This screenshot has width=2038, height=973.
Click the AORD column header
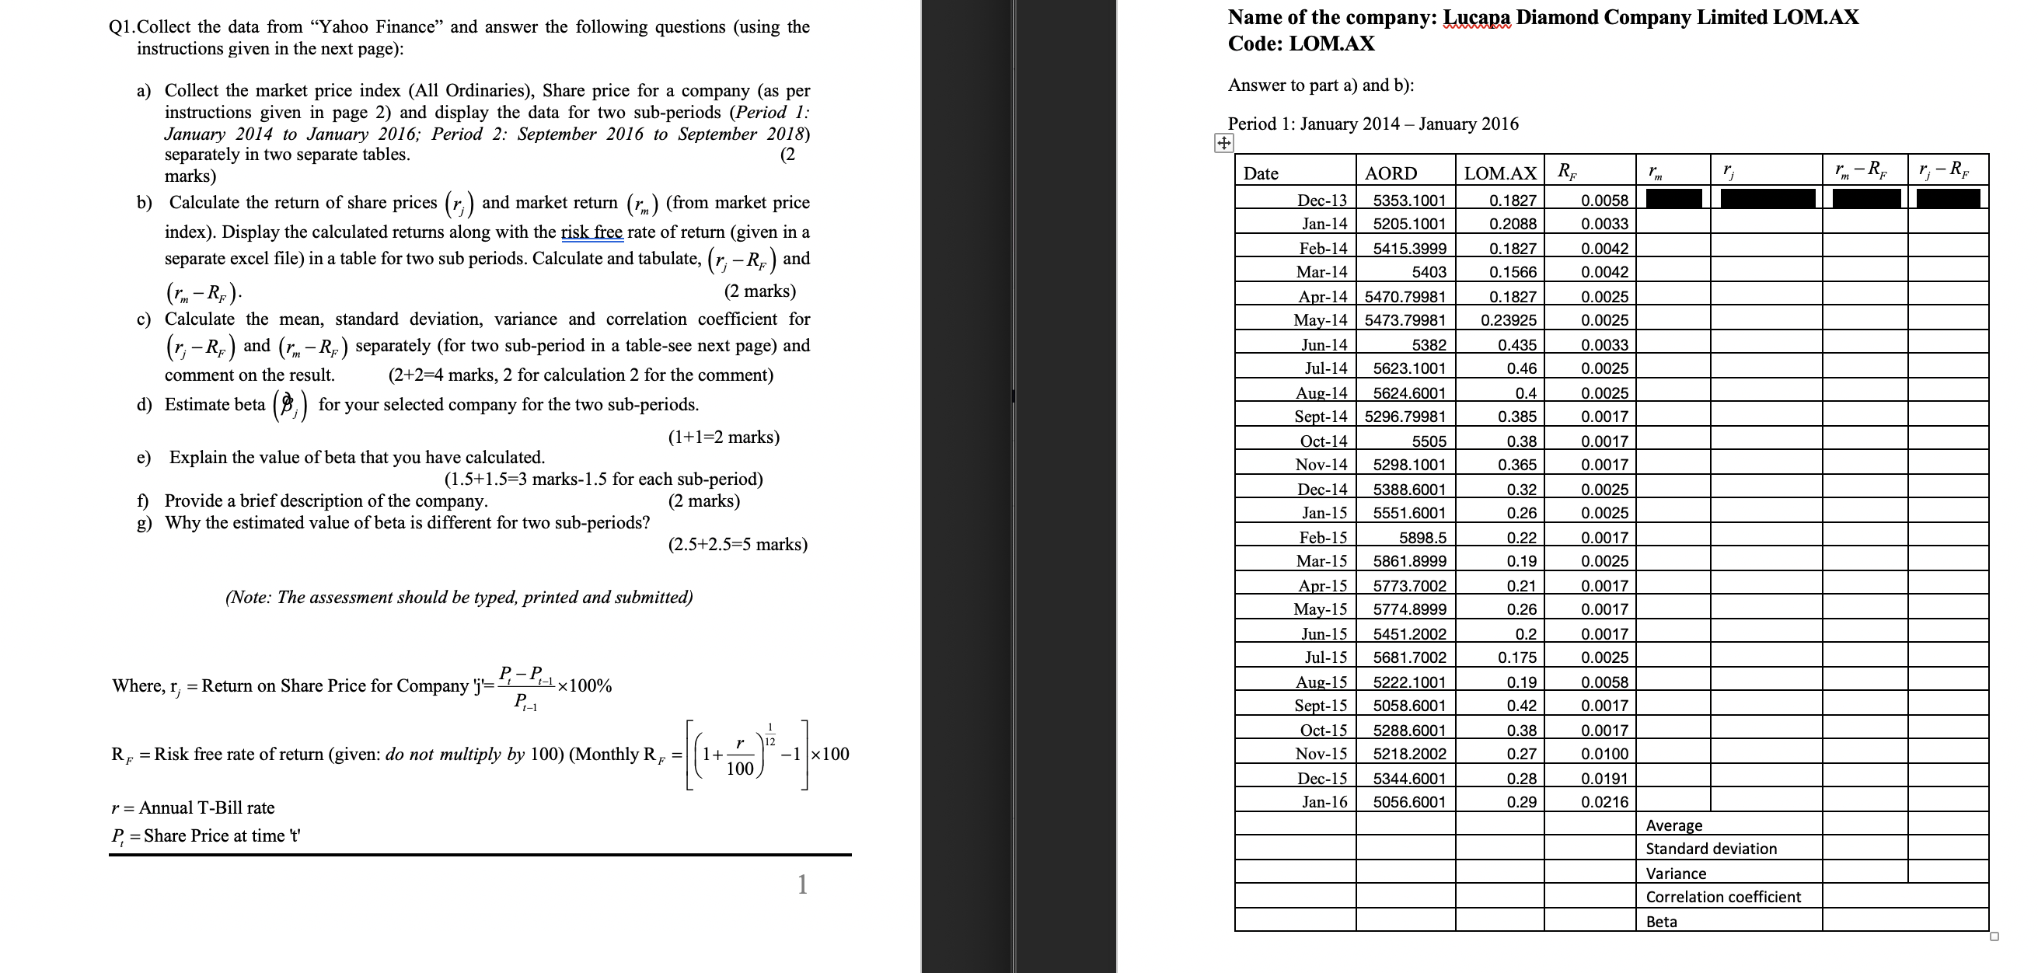point(1391,173)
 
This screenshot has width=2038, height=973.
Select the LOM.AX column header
point(1500,173)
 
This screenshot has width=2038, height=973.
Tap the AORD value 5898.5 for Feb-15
point(1422,537)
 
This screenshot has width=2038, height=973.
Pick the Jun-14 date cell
point(1324,344)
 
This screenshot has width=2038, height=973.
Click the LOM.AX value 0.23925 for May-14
point(1508,320)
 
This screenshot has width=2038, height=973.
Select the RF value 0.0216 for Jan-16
point(1604,801)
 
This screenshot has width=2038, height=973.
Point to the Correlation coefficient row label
point(1722,896)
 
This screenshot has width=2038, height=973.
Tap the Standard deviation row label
point(1711,849)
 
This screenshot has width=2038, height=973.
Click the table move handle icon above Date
point(1223,143)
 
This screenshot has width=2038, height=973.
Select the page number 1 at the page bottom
point(802,884)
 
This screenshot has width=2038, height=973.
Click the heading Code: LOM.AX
point(1300,44)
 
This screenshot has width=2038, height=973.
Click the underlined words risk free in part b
point(592,232)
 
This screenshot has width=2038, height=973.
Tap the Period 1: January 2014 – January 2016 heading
point(1373,124)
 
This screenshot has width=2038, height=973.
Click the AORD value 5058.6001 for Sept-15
point(1409,705)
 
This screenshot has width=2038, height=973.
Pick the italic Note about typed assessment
point(459,598)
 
